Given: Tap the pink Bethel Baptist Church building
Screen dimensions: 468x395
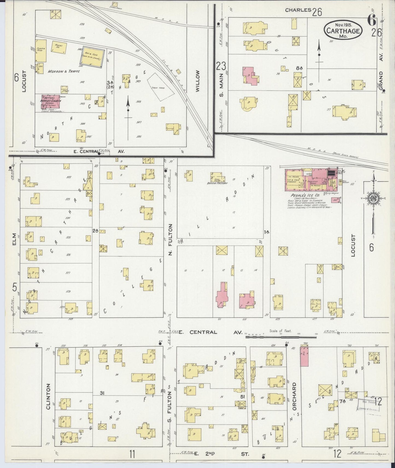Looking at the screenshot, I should click(x=51, y=103).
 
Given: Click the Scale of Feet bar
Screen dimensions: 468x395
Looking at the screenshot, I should click(x=281, y=337).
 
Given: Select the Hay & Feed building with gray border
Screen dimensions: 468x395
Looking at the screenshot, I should click(x=92, y=58).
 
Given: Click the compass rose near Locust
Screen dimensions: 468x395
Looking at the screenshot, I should click(x=373, y=199).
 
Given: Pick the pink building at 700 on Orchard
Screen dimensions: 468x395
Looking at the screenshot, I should click(x=304, y=356).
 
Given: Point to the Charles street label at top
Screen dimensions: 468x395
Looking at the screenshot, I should click(x=298, y=10).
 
